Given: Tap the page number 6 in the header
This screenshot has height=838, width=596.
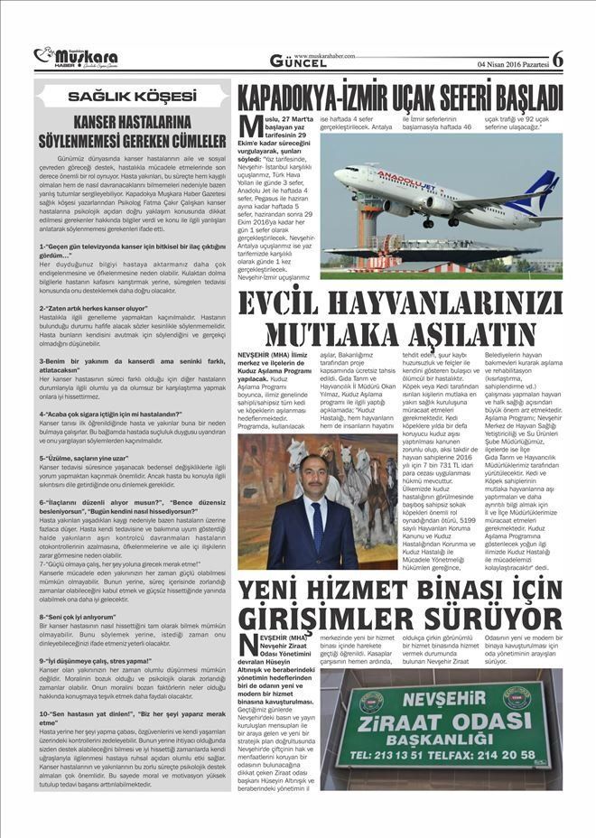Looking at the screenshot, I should click(557, 59).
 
